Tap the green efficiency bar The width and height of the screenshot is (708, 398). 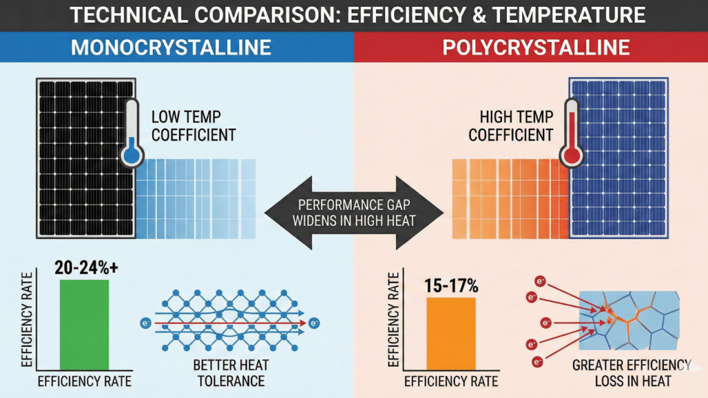pyautogui.click(x=84, y=325)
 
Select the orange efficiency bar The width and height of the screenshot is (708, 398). pyautogui.click(x=451, y=334)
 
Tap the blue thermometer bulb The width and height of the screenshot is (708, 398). pyautogui.click(x=129, y=155)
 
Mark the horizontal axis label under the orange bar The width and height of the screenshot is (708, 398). pyautogui.click(x=450, y=381)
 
